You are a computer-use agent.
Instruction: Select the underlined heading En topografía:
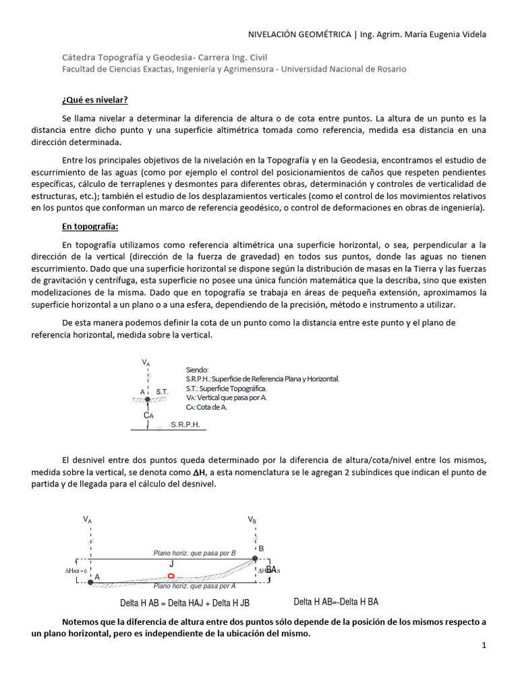pyautogui.click(x=90, y=226)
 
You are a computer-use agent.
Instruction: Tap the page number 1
pyautogui.click(x=484, y=646)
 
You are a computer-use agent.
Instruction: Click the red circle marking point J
pyautogui.click(x=171, y=576)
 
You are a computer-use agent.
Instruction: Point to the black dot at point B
pyautogui.click(x=255, y=558)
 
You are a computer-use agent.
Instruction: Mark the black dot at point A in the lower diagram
pyautogui.click(x=90, y=582)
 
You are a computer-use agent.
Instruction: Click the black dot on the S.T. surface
pyautogui.click(x=146, y=399)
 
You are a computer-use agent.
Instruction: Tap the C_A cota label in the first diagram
pyautogui.click(x=148, y=416)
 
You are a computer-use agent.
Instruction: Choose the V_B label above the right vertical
pyautogui.click(x=252, y=520)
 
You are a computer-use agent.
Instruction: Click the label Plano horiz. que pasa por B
pyautogui.click(x=194, y=553)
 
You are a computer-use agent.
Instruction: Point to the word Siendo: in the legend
pyautogui.click(x=198, y=370)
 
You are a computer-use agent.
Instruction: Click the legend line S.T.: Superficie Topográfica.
pyautogui.click(x=226, y=389)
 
